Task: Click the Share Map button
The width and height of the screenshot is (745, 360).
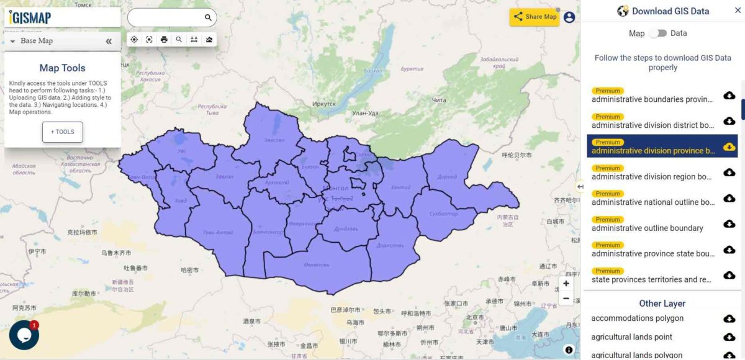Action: click(x=535, y=17)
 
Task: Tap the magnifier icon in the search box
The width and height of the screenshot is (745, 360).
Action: click(x=208, y=17)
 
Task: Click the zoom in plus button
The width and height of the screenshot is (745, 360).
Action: click(x=566, y=284)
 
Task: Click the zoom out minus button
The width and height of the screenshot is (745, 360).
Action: click(x=566, y=299)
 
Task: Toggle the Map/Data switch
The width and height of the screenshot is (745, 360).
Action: click(x=658, y=34)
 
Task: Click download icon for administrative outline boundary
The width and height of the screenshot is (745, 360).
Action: click(x=729, y=224)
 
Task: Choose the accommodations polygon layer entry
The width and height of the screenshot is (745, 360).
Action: click(x=637, y=318)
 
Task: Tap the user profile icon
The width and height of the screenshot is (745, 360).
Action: click(x=569, y=17)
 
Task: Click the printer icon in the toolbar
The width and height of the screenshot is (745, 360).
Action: click(x=164, y=40)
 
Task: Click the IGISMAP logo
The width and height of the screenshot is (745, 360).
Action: click(x=30, y=17)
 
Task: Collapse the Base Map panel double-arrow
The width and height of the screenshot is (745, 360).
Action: click(x=109, y=41)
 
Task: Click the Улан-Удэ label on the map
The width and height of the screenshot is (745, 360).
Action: click(x=365, y=112)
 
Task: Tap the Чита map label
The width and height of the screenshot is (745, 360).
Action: click(x=439, y=100)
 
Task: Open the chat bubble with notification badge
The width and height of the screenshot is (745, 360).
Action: click(x=24, y=335)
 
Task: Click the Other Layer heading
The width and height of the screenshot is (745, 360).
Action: click(x=662, y=304)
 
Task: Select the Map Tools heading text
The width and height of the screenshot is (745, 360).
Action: click(x=62, y=68)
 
